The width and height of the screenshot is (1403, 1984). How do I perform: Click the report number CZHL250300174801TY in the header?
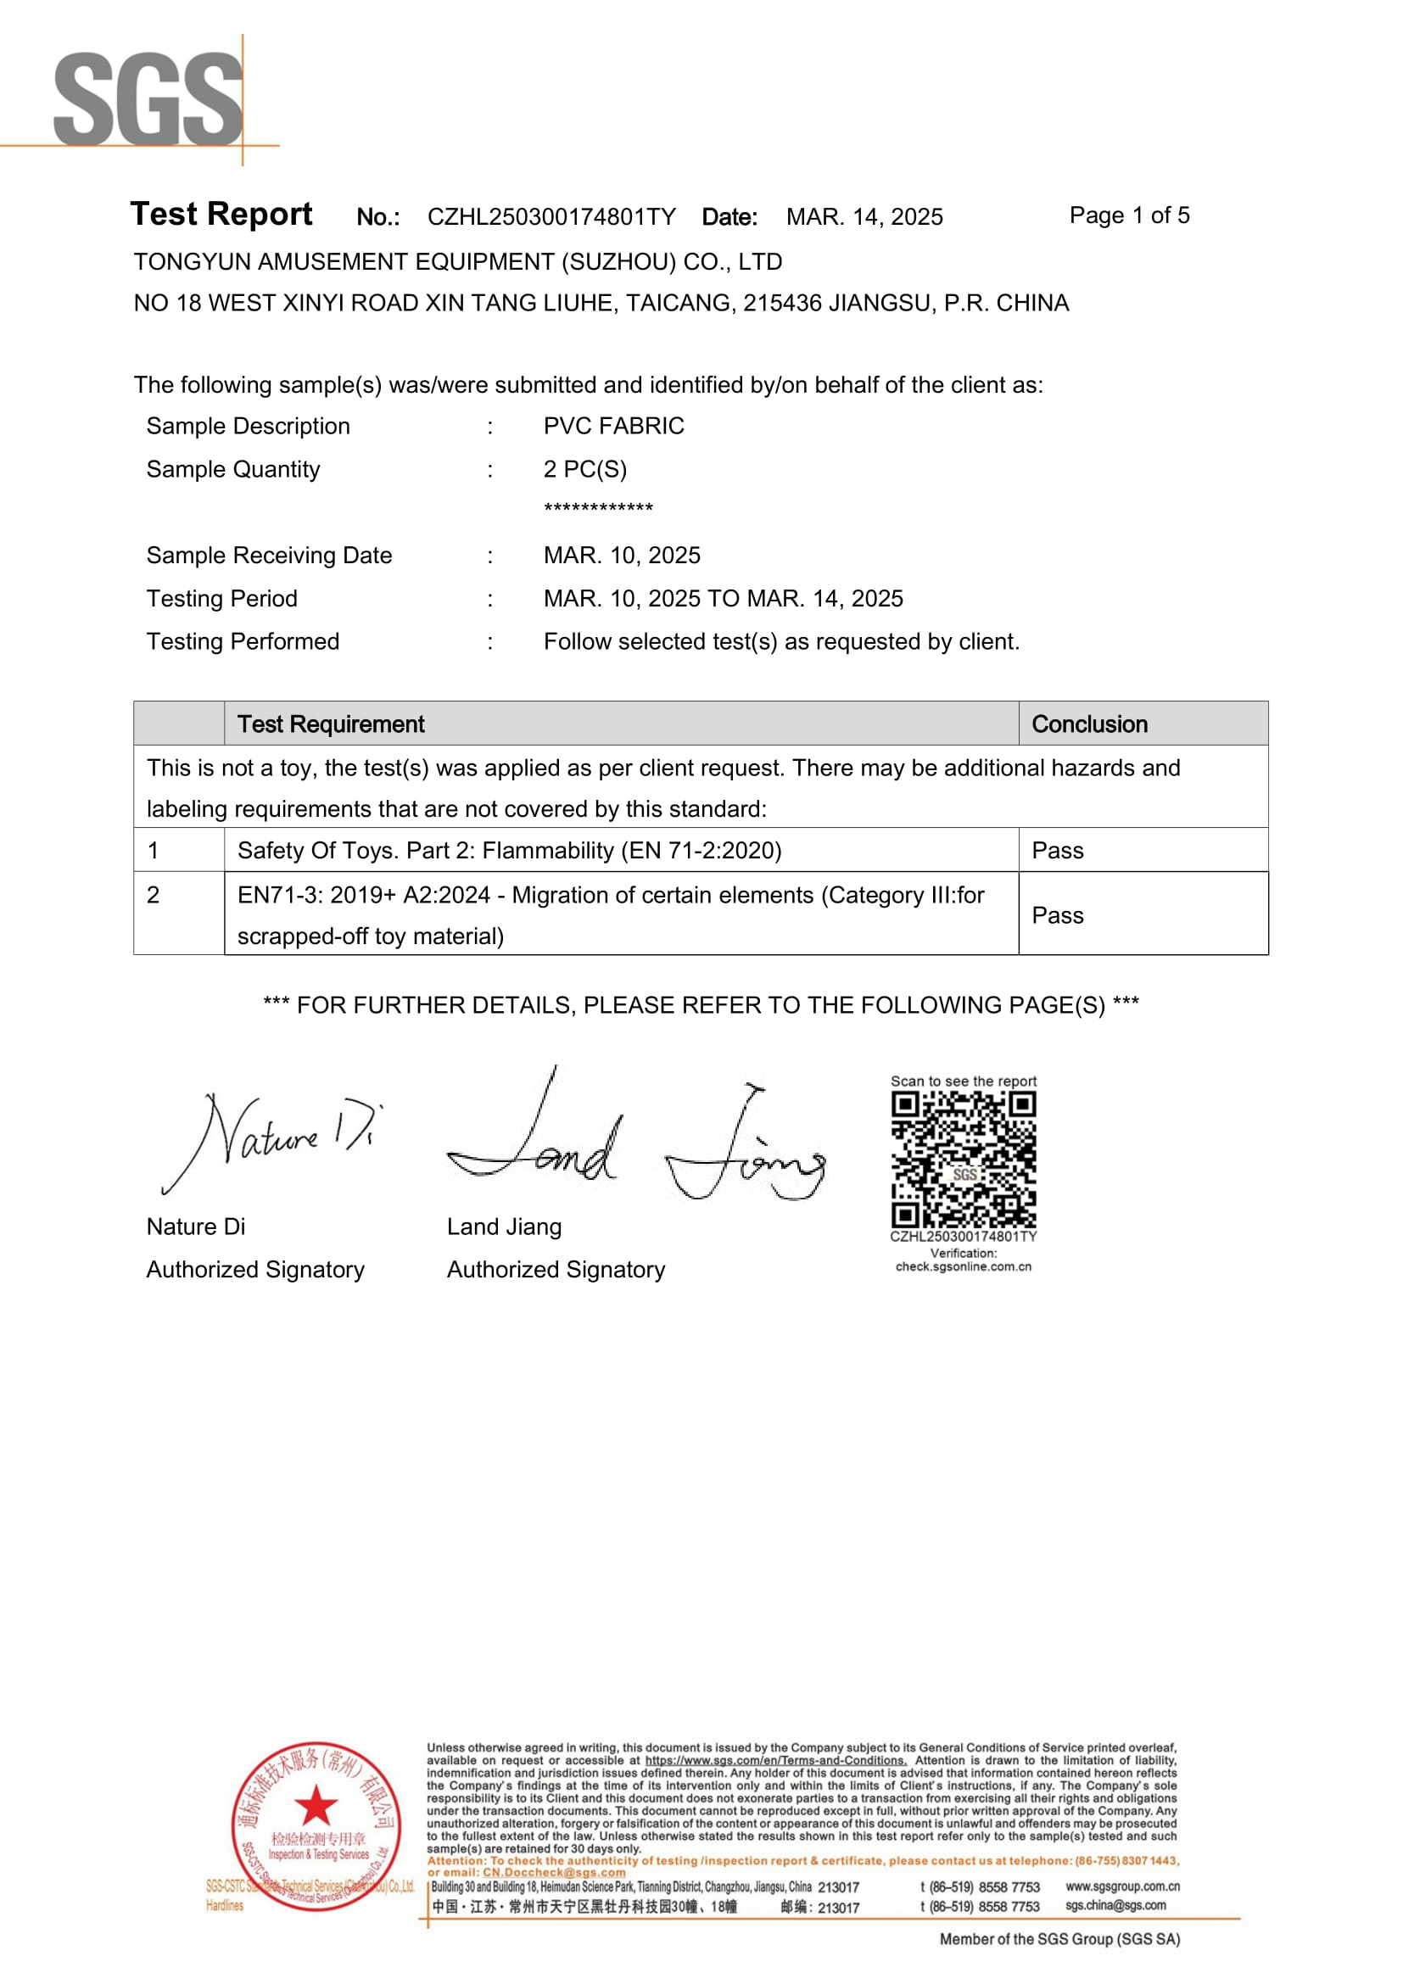click(551, 217)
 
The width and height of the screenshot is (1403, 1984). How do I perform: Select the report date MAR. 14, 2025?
click(864, 217)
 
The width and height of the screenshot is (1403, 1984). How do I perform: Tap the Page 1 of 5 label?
click(1128, 215)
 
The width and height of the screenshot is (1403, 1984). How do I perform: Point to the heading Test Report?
click(221, 215)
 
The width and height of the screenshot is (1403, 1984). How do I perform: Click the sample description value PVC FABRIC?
click(613, 426)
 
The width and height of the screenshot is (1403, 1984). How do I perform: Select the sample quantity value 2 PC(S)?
click(585, 469)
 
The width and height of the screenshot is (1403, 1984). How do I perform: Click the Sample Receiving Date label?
click(269, 556)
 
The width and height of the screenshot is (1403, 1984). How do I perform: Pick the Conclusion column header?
click(1089, 724)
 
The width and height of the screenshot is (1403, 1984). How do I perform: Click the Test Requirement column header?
click(331, 724)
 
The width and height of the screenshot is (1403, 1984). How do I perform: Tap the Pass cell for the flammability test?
click(1058, 850)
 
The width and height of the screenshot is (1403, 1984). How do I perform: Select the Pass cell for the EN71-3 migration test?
click(1058, 915)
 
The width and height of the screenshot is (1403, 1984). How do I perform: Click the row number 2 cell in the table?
click(154, 895)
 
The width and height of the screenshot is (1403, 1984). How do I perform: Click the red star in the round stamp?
click(316, 1804)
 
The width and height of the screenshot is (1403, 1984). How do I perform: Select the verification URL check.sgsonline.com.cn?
click(964, 1266)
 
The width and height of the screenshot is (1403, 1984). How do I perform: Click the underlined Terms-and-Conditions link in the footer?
click(775, 1760)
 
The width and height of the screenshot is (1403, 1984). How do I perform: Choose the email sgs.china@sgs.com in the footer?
click(1115, 1905)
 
